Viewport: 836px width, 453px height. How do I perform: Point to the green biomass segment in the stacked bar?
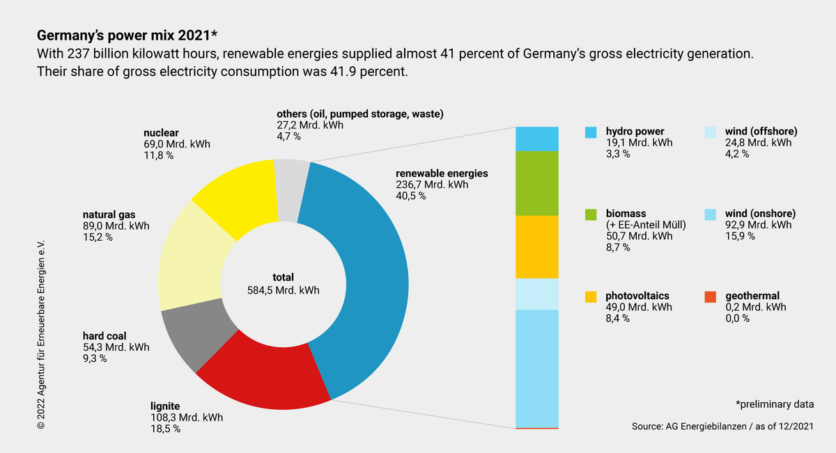(x=536, y=184)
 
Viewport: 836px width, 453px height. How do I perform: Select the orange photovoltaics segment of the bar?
(x=536, y=247)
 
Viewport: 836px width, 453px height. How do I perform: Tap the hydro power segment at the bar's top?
(x=536, y=138)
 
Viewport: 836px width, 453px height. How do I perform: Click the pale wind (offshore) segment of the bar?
(x=536, y=294)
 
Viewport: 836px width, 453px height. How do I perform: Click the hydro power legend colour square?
(x=591, y=132)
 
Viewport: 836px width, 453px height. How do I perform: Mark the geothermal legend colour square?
(x=711, y=296)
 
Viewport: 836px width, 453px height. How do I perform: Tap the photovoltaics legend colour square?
(x=591, y=296)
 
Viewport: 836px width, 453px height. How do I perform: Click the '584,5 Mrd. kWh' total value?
(x=284, y=290)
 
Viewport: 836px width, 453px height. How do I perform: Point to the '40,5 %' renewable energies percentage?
(x=411, y=196)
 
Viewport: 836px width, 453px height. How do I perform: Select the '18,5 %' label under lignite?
(x=166, y=429)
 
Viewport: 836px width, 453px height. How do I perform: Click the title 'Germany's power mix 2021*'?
(x=127, y=35)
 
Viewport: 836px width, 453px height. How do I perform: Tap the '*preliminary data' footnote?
(x=775, y=404)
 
